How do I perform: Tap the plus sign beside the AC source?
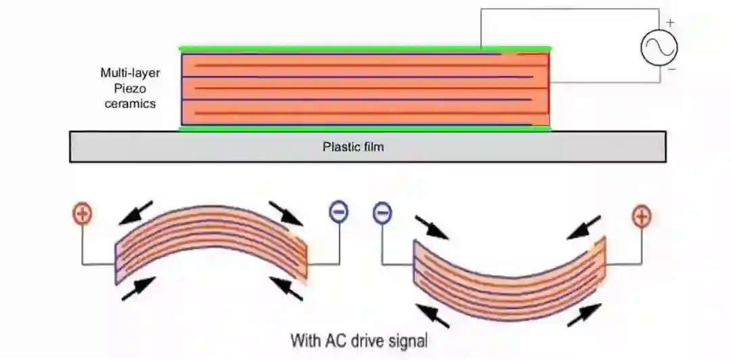669,22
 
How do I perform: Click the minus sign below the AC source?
671,69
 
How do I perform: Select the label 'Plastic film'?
353,146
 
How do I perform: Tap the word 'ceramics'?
130,104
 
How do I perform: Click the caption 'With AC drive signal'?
359,340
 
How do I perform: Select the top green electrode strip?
365,49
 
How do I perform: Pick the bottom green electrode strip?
365,128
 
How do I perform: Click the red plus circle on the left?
82,215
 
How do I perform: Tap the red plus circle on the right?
640,217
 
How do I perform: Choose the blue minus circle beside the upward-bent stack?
338,213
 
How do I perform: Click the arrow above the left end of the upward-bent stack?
136,212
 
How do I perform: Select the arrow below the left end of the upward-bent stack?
139,288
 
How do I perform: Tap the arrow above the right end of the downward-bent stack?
584,227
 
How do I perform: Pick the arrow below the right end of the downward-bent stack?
583,315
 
